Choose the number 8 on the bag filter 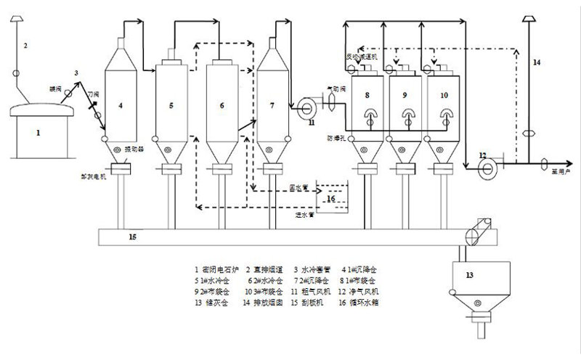(x=368, y=94)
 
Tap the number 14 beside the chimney (x=536, y=63)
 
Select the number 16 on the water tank (x=330, y=197)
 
